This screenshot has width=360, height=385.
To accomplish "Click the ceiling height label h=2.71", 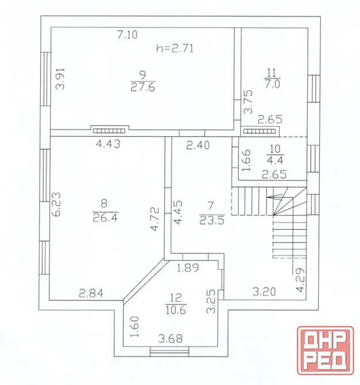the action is pos(175,48).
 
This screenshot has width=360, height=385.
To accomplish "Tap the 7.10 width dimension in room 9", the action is pos(127,34).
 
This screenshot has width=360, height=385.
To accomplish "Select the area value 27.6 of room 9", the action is pos(143,87).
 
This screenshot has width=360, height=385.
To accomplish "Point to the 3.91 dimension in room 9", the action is pos(60,79).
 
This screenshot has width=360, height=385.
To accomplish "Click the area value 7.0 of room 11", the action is pos(272,84).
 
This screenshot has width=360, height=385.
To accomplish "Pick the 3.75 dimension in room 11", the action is pos(248,102).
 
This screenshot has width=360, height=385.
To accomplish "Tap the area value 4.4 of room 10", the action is pos(275,160).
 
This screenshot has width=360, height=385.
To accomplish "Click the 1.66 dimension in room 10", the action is pos(246,160).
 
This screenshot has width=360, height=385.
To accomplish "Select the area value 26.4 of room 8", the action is pos(105,218).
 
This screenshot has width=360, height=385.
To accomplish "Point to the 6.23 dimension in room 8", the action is pos(56,204).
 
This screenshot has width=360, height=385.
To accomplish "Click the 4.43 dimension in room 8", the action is pos(108,144).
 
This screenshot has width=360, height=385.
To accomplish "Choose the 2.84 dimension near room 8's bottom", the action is pos(91,293).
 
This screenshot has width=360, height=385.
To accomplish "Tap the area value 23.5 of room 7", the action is pos(212,220).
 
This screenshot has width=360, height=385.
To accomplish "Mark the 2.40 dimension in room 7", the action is pos(198,145).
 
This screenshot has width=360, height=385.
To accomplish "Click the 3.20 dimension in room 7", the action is pos(264,292).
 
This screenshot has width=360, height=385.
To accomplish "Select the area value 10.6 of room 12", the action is pos(176,310).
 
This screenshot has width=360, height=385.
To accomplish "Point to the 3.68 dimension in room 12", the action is pos(171,338).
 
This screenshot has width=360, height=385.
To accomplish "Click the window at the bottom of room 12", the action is pos(170,351).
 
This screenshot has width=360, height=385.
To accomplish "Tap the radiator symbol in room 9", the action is pos(109,130).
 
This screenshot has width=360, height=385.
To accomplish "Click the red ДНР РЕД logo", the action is pos(325,351).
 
